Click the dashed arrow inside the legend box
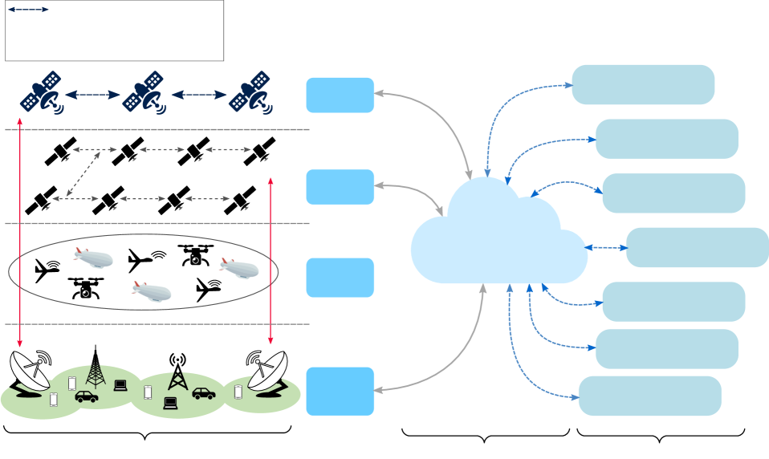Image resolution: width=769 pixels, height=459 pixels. (x=28, y=10)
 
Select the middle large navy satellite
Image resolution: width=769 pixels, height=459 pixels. (x=144, y=93)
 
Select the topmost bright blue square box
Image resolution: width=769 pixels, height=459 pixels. (x=340, y=95)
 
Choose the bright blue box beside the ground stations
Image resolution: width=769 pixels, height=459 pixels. (x=340, y=391)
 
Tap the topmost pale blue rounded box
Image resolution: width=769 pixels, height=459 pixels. (x=643, y=85)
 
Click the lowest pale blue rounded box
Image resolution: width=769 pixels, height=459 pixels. (x=649, y=396)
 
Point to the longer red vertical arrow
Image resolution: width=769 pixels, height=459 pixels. (x=19, y=233)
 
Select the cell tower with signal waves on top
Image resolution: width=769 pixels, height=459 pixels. (x=177, y=372)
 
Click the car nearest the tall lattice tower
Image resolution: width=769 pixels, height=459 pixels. (x=87, y=396)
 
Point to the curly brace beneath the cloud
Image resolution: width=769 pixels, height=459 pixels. (x=485, y=437)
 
